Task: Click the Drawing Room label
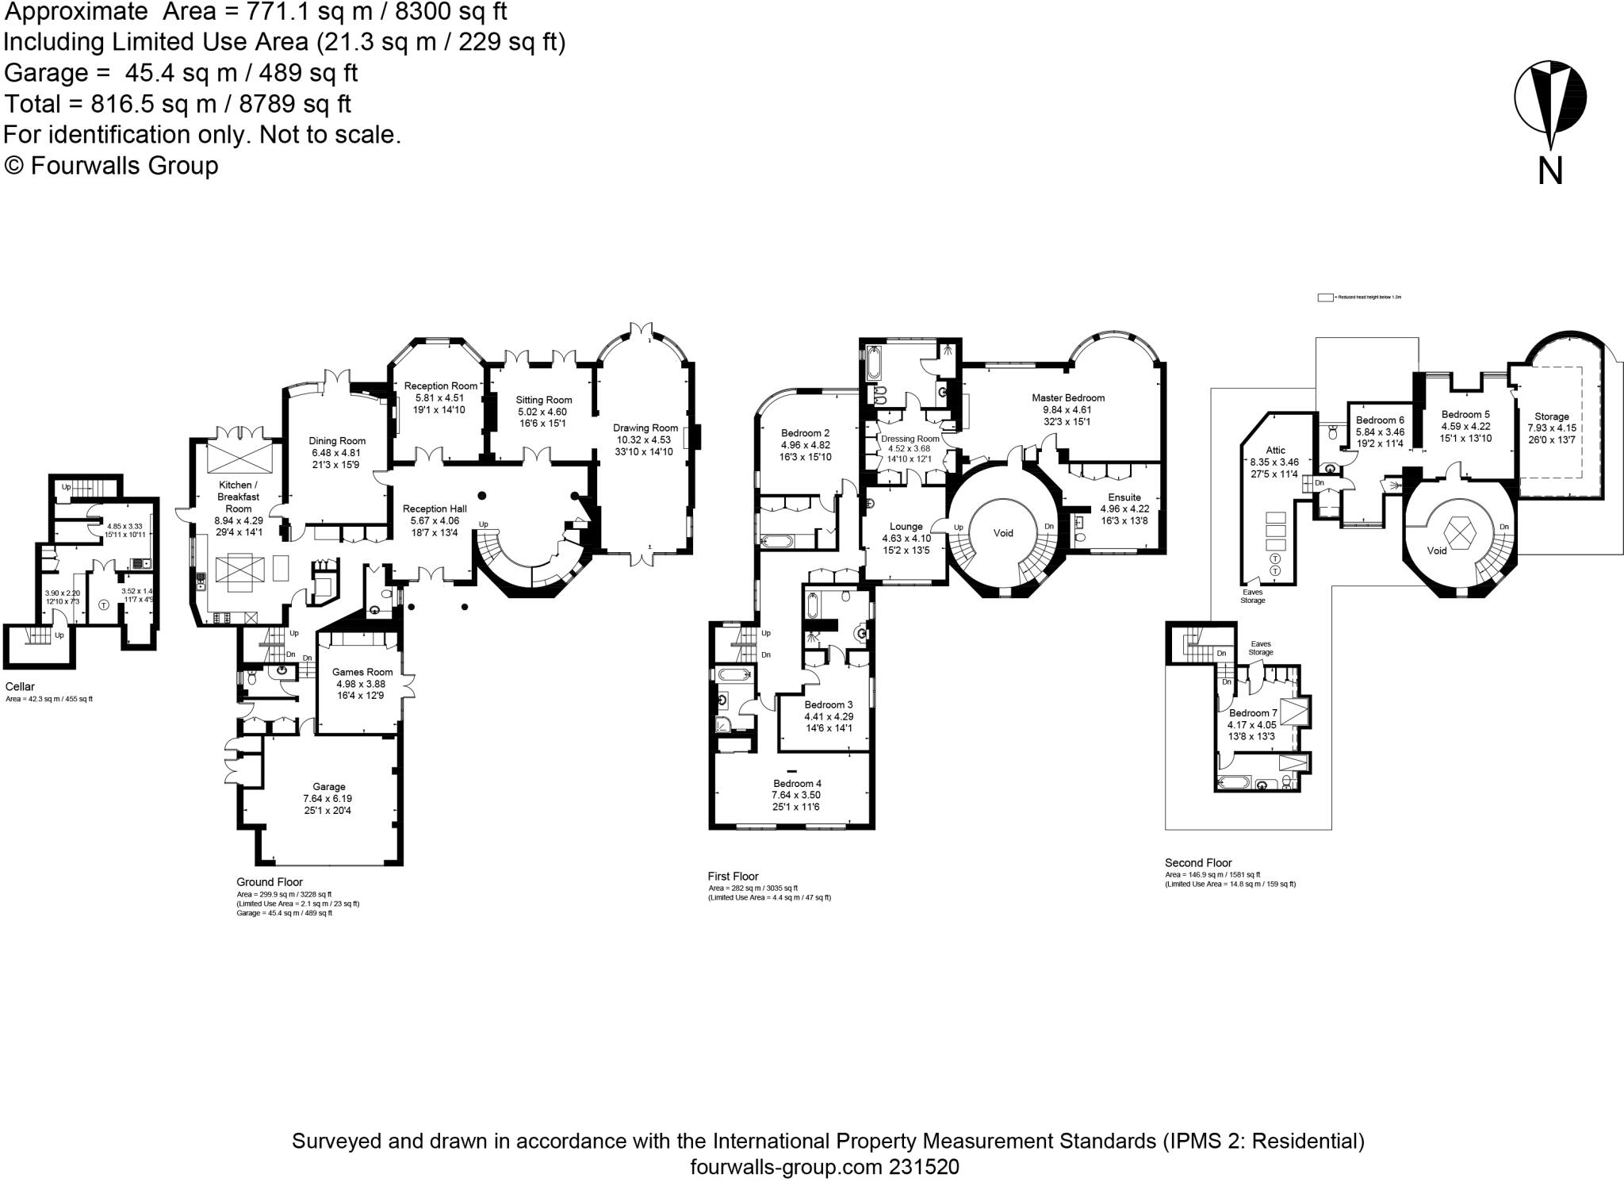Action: [645, 428]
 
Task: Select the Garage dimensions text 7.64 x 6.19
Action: [327, 799]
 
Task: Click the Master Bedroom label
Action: [1067, 397]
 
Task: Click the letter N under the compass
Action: [1549, 171]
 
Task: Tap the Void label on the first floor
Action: [1003, 533]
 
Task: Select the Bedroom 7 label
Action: [1252, 712]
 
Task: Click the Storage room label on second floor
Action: [1551, 416]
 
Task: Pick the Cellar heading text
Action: [20, 687]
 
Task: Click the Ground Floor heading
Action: [270, 882]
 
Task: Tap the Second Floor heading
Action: [1198, 862]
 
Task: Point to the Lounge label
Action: [906, 526]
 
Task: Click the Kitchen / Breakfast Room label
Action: [238, 497]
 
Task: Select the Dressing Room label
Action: [910, 439]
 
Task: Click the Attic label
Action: [1275, 450]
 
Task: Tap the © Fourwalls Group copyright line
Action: [111, 166]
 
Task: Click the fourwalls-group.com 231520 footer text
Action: [825, 1167]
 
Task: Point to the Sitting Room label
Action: [543, 400]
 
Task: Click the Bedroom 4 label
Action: [797, 783]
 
